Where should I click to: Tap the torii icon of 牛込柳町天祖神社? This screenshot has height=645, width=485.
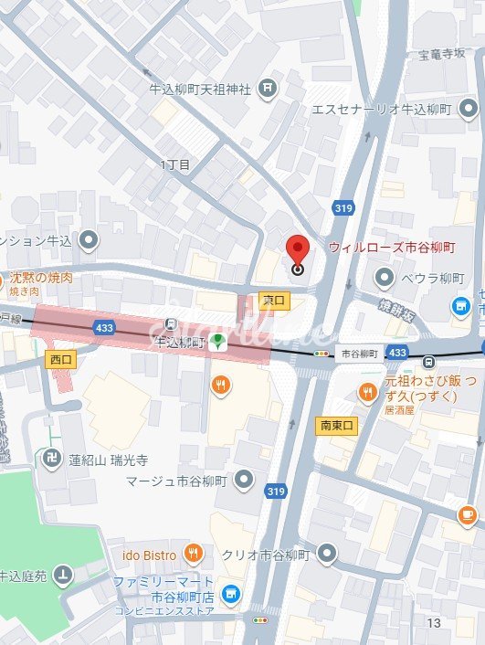coord(267,88)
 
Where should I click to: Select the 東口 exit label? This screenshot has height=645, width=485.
coord(274,300)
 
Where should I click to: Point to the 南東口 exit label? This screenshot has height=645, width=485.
coord(335,425)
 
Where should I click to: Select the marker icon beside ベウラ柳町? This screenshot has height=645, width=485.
coord(385,277)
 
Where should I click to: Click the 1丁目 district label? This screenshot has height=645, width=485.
coord(175,165)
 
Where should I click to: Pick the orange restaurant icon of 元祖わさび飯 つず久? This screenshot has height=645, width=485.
coord(367,392)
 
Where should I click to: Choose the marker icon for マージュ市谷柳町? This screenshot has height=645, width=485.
coord(244,478)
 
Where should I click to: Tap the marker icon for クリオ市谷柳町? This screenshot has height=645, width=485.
coord(327,554)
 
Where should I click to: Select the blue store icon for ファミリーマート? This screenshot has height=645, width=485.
coord(231,593)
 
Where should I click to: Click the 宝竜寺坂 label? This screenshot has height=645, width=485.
coord(441,54)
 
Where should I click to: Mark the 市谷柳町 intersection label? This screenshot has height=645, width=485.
coord(359,353)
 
